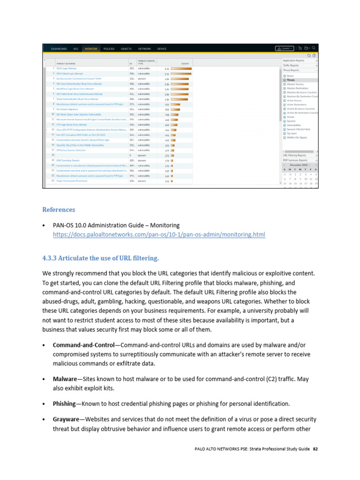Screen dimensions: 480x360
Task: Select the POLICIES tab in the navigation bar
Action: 109,48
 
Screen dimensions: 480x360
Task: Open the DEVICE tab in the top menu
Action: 162,48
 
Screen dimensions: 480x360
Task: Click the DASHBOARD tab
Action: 59,48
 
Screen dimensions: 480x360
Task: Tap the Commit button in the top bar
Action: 285,48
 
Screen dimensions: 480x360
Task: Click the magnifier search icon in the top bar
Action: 314,48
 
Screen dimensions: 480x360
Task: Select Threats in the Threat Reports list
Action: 292,80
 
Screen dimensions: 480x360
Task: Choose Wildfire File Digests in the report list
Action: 297,137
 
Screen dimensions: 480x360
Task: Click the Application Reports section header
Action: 294,60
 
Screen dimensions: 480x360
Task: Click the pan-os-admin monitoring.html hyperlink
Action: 159,234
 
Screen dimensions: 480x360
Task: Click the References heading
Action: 59,210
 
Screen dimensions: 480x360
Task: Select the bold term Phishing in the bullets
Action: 64,404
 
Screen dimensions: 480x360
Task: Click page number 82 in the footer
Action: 315,449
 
